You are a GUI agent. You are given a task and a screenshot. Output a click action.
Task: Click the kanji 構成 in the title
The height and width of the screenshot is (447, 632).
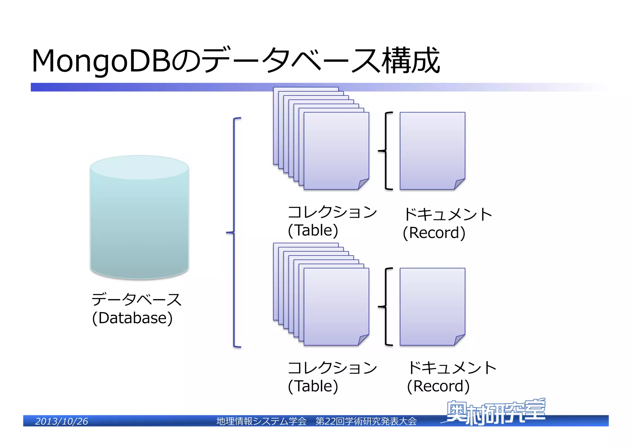point(410,61)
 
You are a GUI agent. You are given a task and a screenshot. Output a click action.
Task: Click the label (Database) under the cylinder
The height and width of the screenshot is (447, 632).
point(132,318)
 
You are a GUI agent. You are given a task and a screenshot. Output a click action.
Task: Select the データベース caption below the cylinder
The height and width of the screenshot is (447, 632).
point(136,300)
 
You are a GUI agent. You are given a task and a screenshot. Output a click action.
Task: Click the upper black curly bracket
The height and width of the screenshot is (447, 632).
point(386,151)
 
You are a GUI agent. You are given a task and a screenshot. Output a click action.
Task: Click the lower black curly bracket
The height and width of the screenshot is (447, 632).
point(386,307)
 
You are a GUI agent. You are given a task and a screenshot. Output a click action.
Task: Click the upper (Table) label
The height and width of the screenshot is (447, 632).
point(313,230)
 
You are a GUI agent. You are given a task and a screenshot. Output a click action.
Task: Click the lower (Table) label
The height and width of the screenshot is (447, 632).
point(313,386)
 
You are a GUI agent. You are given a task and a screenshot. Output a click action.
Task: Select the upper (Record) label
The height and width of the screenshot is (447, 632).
point(434,233)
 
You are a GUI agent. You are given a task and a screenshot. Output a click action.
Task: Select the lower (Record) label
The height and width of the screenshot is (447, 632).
point(438,386)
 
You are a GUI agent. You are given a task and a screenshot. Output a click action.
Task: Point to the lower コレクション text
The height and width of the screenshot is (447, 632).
point(332,368)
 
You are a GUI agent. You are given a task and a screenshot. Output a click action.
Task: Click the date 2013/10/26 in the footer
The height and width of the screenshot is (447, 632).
point(61,421)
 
